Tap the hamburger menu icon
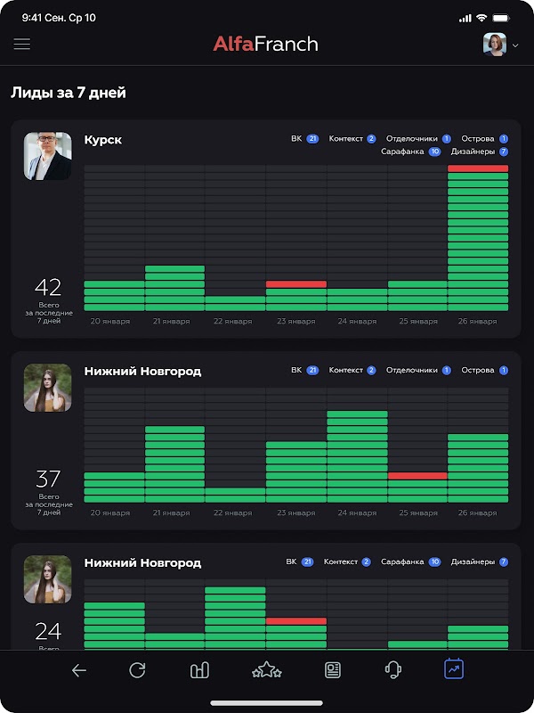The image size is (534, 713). (22, 44)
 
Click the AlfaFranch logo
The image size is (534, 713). (265, 44)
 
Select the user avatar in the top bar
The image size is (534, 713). (495, 44)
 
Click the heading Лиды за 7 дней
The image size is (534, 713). (69, 93)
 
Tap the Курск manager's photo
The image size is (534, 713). (47, 156)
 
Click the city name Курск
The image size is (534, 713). (103, 140)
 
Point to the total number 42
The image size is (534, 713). (48, 287)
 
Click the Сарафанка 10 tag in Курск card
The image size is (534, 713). (411, 152)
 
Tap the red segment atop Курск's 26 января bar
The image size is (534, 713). (478, 168)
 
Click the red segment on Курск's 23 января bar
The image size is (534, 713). (295, 284)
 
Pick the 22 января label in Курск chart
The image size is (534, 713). (233, 322)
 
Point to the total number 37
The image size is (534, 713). (48, 479)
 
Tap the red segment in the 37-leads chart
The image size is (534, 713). (417, 476)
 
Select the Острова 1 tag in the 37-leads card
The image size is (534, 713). (485, 370)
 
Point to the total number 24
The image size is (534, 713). (48, 632)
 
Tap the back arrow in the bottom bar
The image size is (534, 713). (79, 671)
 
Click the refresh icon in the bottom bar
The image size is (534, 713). (137, 670)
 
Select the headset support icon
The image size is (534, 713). (393, 670)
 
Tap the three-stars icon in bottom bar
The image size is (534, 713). (266, 670)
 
